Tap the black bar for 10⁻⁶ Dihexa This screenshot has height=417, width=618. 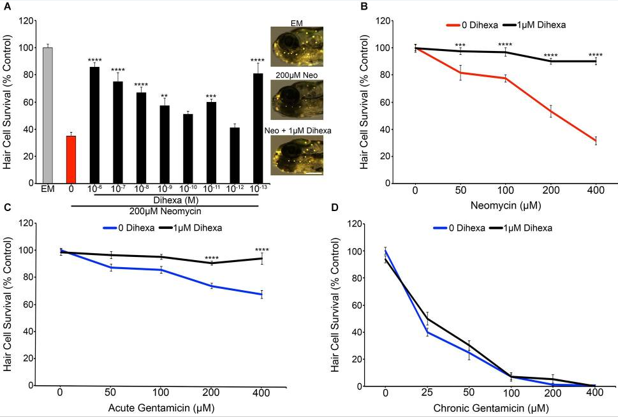click(x=94, y=125)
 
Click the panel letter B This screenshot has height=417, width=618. click(x=364, y=7)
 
